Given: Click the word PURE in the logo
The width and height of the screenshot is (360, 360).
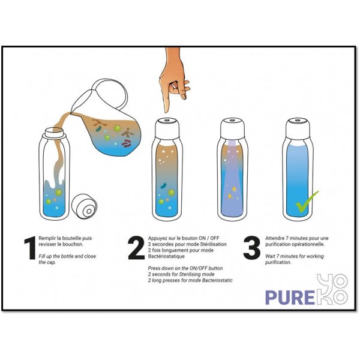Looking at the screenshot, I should pos(290,297).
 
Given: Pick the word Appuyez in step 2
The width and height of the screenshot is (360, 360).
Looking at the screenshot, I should pos(160,238).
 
